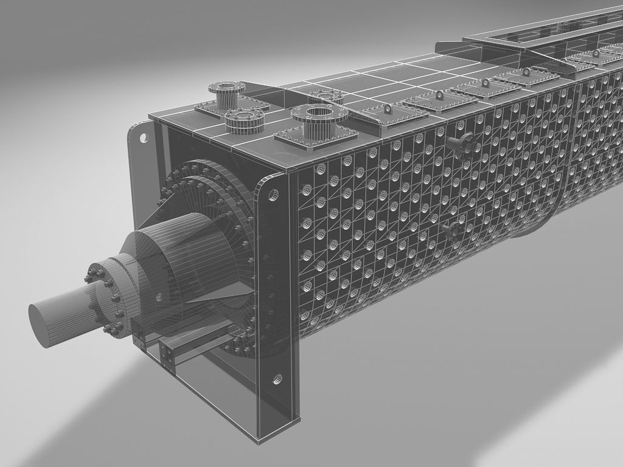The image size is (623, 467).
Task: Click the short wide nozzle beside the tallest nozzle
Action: click(243, 119)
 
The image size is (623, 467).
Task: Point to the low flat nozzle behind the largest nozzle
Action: click(326, 96)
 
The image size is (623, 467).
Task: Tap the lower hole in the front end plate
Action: click(277, 380)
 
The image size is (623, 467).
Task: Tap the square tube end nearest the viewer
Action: click(166, 355)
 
